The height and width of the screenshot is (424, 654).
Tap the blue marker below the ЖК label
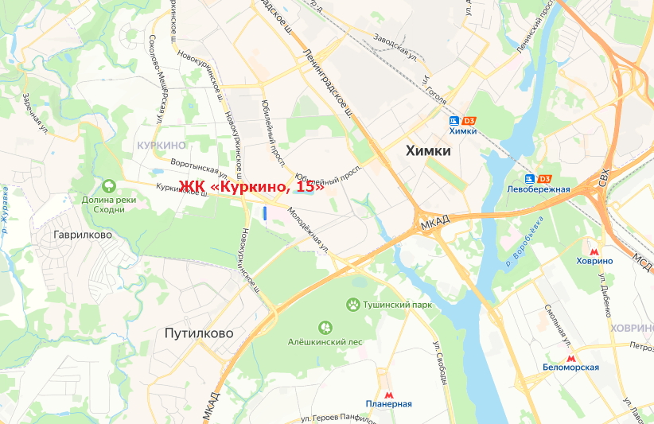[x=264, y=212]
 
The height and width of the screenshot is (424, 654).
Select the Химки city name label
[x=428, y=150]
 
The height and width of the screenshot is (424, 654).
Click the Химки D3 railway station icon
[x=454, y=120]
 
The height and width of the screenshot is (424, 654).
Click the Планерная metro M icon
[x=389, y=394]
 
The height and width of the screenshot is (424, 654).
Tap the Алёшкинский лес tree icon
[x=325, y=327]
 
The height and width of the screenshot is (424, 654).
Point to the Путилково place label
[x=199, y=333]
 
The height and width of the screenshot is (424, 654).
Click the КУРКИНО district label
[x=162, y=145]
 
